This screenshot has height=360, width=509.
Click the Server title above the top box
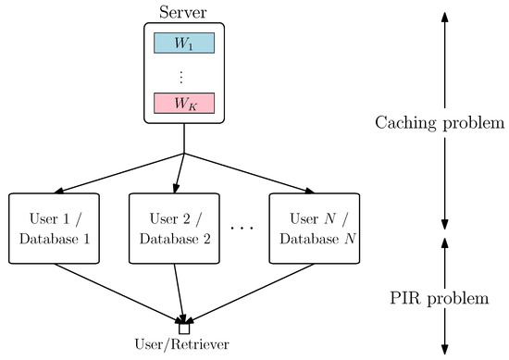[183, 12]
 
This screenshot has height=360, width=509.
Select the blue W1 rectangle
[184, 43]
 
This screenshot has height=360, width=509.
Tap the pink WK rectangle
[184, 103]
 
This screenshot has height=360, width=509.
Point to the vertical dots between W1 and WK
[184, 73]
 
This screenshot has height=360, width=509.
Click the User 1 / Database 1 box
[53, 228]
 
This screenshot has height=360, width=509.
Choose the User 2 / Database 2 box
[174, 228]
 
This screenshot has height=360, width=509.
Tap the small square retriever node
[184, 328]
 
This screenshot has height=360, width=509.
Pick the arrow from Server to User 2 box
[180, 172]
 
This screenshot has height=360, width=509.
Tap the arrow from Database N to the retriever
[250, 293]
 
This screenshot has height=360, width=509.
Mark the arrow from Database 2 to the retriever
[180, 293]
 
